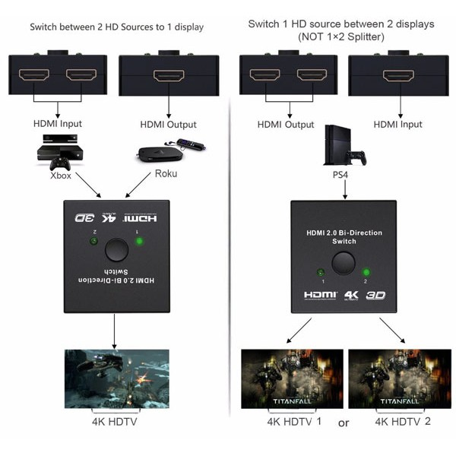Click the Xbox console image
[60, 152]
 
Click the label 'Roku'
[166, 173]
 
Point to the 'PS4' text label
[340, 175]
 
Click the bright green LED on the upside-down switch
[140, 241]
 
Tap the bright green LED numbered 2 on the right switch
[366, 273]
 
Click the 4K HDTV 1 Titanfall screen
[292, 379]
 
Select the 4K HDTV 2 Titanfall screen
[400, 379]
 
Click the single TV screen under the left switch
[116, 379]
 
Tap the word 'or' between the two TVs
[344, 423]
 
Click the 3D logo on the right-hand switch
[375, 296]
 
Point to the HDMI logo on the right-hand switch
[321, 295]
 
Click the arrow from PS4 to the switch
[345, 189]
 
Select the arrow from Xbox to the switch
[88, 185]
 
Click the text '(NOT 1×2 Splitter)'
[341, 37]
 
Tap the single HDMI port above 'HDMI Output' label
[169, 75]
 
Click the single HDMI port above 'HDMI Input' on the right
[398, 75]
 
